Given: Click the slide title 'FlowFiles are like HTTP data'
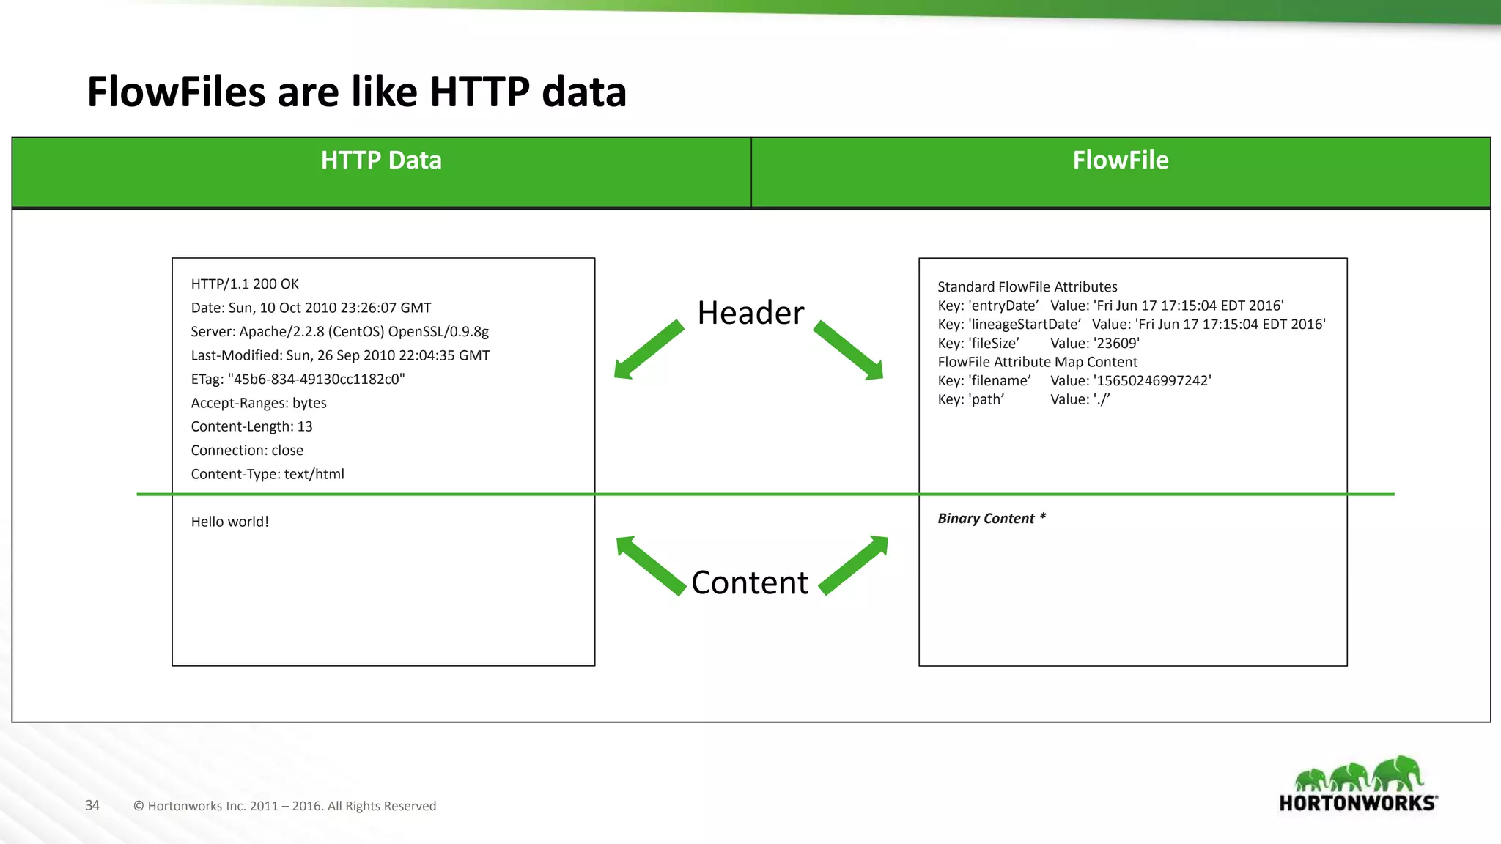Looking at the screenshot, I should [356, 92].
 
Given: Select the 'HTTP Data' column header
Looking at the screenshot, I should [381, 160].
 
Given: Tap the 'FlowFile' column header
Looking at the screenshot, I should [1120, 160].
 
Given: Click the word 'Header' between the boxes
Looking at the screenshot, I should [750, 313].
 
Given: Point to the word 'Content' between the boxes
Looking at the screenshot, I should [749, 582].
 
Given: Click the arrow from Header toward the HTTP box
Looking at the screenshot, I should [648, 350].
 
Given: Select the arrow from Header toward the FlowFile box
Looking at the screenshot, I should [849, 350].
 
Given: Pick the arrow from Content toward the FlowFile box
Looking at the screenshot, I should [854, 565].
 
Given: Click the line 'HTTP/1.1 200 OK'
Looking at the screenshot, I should [245, 284].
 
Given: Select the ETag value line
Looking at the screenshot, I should [298, 380].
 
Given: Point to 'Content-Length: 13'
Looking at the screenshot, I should [251, 426].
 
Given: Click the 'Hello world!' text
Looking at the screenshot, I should [229, 522].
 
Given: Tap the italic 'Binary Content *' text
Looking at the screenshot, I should [992, 519].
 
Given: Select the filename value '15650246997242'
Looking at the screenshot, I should [1151, 381].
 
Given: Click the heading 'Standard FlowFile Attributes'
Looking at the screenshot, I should [1027, 287].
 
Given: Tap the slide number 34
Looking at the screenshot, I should [92, 805].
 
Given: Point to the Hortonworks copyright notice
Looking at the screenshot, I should [284, 806].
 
